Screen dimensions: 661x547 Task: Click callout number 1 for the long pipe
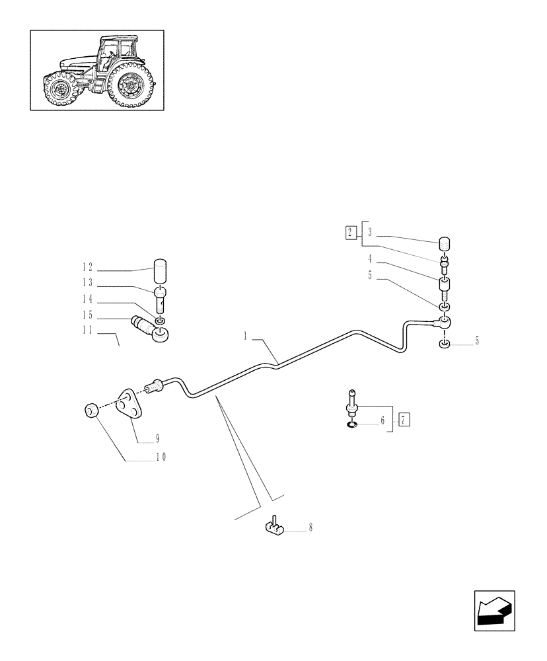(x=245, y=336)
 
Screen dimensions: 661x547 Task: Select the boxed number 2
(x=349, y=232)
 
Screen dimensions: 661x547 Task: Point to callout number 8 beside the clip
(x=310, y=527)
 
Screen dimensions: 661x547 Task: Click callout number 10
(x=161, y=457)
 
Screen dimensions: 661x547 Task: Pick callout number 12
(x=88, y=268)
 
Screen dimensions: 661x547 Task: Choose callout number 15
(x=88, y=315)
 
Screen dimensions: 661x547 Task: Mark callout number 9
(x=158, y=438)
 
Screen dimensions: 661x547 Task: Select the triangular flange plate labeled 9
(x=130, y=405)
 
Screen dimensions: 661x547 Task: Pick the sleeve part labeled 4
(x=447, y=288)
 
